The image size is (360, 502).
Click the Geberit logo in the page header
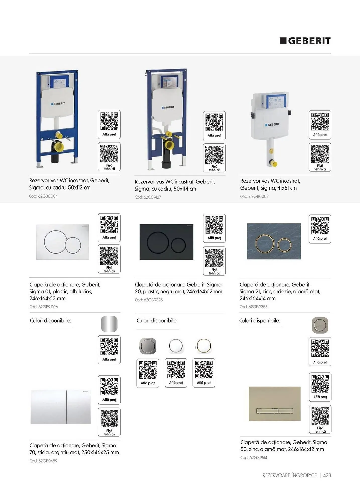pyautogui.click(x=305, y=41)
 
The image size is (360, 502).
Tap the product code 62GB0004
pyautogui.click(x=43, y=196)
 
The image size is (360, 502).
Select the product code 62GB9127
pyautogui.click(x=148, y=197)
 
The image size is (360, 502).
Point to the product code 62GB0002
pyautogui.click(x=254, y=196)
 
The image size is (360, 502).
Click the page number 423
pyautogui.click(x=327, y=475)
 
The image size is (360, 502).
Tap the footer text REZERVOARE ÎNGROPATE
pyautogui.click(x=289, y=475)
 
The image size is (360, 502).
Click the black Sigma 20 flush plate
pyautogui.click(x=167, y=242)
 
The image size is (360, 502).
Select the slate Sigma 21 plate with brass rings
pyautogui.click(x=274, y=241)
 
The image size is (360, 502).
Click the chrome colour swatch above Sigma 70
pyautogui.click(x=109, y=324)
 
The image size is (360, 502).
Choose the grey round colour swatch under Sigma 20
pyautogui.click(x=148, y=346)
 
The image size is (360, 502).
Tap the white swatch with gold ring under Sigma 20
pyautogui.click(x=204, y=346)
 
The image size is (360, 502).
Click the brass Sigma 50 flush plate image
pyautogui.click(x=275, y=404)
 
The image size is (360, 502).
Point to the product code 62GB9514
pyautogui.click(x=254, y=457)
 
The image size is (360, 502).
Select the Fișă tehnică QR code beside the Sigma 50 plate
pyautogui.click(x=320, y=419)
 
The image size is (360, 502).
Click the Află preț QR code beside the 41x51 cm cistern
pyautogui.click(x=320, y=125)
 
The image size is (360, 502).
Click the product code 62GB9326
pyautogui.click(x=149, y=300)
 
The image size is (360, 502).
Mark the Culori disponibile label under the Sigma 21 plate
pyautogui.click(x=260, y=321)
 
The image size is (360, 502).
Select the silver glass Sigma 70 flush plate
pyautogui.click(x=61, y=407)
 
